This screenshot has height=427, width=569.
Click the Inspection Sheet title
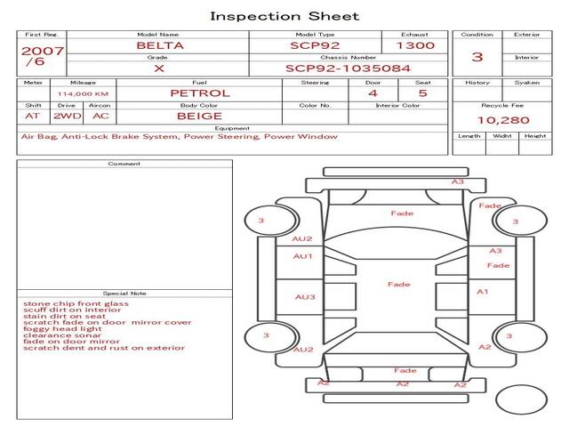(x=284, y=16)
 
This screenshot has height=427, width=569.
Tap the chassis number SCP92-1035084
(x=348, y=68)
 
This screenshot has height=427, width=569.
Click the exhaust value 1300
(x=415, y=44)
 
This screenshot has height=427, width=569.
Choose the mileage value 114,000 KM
(x=83, y=93)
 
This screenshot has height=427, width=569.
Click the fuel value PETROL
(x=199, y=93)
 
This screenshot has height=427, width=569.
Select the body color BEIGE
(x=199, y=116)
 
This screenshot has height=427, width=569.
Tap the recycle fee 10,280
(x=503, y=119)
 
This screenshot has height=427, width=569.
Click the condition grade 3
(x=477, y=57)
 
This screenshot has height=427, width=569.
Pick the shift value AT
(x=33, y=116)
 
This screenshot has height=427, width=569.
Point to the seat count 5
(x=422, y=93)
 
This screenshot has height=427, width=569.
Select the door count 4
(x=373, y=93)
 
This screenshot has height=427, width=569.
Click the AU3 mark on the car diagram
(x=305, y=297)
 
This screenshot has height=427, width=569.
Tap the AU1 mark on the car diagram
(x=303, y=256)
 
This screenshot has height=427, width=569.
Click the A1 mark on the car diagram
(x=483, y=291)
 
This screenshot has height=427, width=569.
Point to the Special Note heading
(x=124, y=293)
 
